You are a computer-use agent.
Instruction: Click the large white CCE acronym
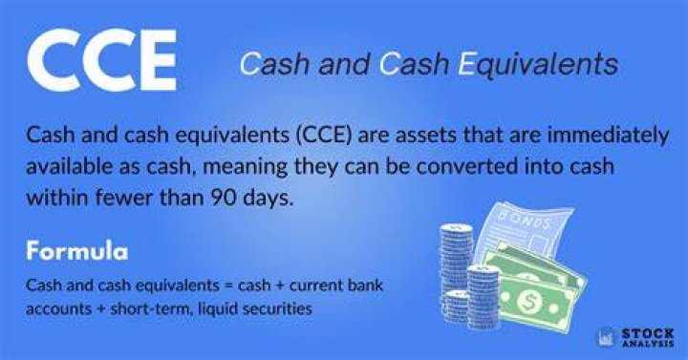click(102, 60)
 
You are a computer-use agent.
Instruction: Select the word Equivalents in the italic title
click(538, 65)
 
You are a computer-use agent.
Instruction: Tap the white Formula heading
click(77, 251)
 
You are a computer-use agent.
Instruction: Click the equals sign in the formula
click(228, 286)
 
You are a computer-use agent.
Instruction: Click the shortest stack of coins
click(456, 307)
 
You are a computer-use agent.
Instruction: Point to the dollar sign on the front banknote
click(527, 301)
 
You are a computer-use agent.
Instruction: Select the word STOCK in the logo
click(648, 333)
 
